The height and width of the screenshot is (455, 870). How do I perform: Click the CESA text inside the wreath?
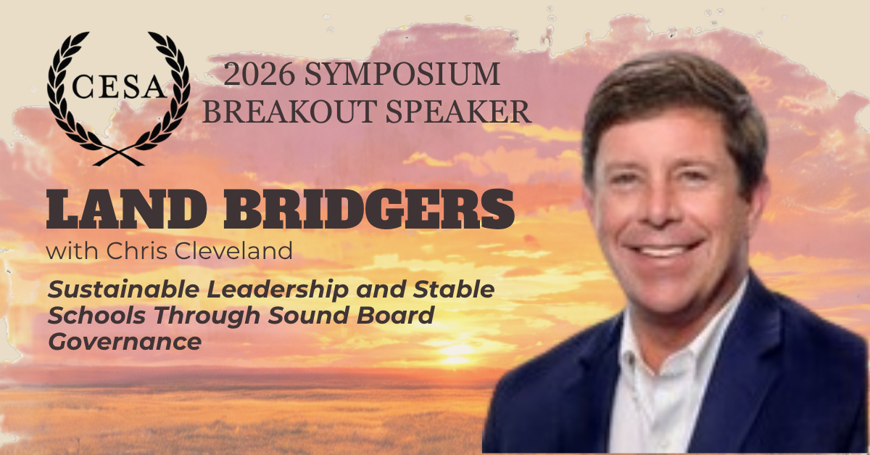119,87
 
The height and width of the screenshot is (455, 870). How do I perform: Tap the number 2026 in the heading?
259,74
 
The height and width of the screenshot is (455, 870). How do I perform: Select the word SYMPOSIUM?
402,74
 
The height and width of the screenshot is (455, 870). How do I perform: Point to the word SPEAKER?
458,111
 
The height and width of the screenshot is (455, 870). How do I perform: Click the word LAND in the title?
127,209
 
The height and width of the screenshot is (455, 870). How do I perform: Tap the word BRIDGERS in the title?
369,209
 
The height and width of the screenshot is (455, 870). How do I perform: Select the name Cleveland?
233,251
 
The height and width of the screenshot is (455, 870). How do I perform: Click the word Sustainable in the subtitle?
123,290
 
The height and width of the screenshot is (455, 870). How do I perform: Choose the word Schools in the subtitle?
96,316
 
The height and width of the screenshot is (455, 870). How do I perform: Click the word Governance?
125,342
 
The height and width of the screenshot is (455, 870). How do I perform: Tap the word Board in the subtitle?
395,316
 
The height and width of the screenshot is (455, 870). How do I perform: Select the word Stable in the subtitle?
453,290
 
